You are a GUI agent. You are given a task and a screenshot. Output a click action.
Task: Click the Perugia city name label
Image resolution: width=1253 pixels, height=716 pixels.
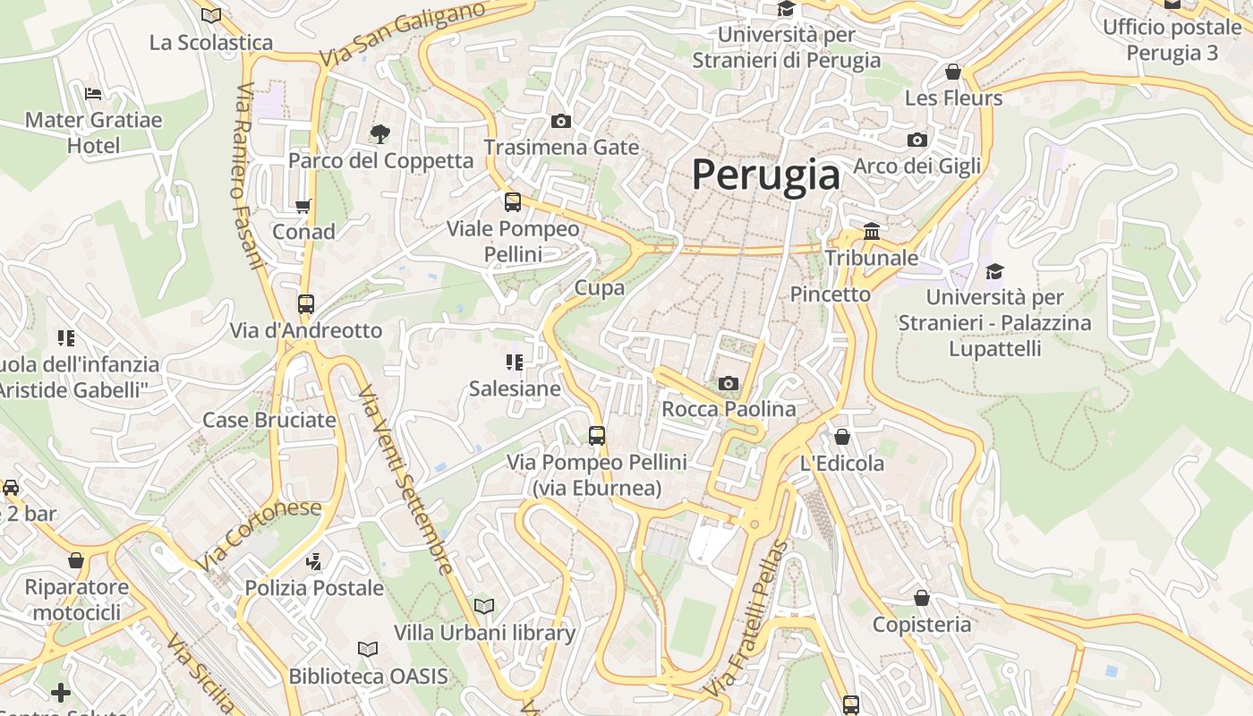pyautogui.click(x=766, y=175)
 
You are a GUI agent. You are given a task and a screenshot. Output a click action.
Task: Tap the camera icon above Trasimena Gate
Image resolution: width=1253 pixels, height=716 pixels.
pyautogui.click(x=561, y=121)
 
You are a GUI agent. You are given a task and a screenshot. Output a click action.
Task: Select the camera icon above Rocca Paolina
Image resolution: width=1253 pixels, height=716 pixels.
pyautogui.click(x=729, y=384)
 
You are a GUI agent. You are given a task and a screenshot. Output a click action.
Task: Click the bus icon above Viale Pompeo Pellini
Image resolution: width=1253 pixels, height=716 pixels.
pyautogui.click(x=513, y=202)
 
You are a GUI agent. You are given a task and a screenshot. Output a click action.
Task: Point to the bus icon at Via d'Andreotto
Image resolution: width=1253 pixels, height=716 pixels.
pyautogui.click(x=306, y=304)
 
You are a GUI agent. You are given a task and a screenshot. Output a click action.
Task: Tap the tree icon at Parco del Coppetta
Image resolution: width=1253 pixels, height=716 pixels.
pyautogui.click(x=380, y=134)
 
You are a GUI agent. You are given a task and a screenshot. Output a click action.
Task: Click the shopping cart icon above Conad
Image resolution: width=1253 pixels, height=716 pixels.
pyautogui.click(x=303, y=206)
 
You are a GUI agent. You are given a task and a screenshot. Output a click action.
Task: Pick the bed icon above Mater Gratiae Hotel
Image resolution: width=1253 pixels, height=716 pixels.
pyautogui.click(x=93, y=93)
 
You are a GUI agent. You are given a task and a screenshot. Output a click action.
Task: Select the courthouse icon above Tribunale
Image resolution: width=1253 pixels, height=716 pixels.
pyautogui.click(x=872, y=232)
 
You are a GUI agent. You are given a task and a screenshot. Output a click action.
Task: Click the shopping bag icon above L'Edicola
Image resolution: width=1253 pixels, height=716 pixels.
pyautogui.click(x=842, y=437)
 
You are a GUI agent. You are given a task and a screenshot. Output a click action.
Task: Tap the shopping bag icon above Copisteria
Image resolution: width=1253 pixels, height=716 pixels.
pyautogui.click(x=922, y=598)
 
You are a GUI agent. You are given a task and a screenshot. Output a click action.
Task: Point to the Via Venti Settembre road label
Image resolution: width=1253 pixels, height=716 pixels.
pyautogui.click(x=405, y=480)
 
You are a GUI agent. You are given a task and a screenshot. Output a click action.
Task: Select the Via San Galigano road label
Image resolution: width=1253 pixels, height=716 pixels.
pyautogui.click(x=402, y=33)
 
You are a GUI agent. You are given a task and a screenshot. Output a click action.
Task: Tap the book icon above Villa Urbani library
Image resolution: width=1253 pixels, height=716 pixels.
pyautogui.click(x=484, y=606)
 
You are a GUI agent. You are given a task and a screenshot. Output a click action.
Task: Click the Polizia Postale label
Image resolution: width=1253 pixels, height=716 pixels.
pyautogui.click(x=314, y=588)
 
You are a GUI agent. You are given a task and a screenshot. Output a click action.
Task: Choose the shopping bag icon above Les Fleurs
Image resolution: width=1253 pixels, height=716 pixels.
pyautogui.click(x=953, y=72)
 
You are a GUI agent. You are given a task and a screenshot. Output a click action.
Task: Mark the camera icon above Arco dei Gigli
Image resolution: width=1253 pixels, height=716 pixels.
pyautogui.click(x=917, y=140)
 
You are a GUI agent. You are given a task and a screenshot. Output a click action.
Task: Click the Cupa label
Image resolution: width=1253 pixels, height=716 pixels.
pyautogui.click(x=600, y=287)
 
